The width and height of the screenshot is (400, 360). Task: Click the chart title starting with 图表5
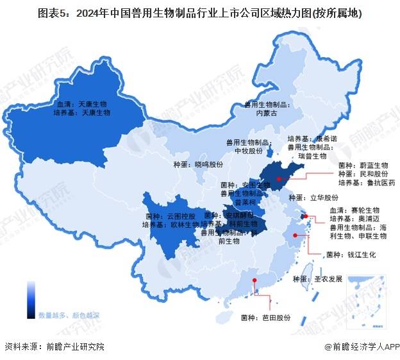(x=199, y=13)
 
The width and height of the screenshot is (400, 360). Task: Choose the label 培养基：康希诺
(x=312, y=138)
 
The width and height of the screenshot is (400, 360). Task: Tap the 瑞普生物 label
(x=315, y=156)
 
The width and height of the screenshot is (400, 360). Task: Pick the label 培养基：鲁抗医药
(x=367, y=183)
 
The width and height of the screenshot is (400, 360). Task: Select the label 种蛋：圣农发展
(x=318, y=279)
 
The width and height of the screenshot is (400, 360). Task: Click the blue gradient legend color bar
(x=30, y=299)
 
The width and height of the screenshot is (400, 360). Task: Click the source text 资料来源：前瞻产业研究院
(x=54, y=347)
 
